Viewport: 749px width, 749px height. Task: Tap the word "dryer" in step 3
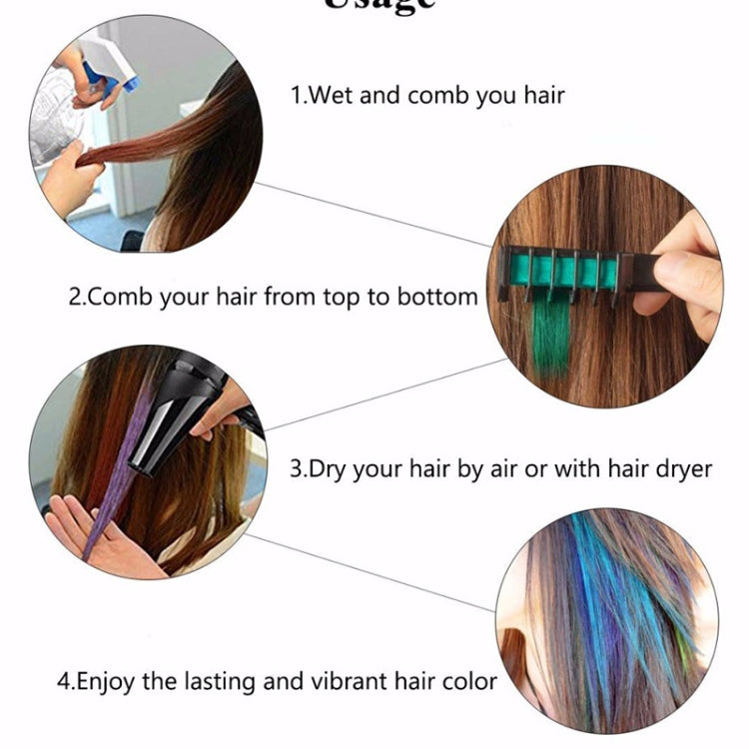pyautogui.click(x=680, y=467)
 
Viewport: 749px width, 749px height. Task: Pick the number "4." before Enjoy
pyautogui.click(x=65, y=683)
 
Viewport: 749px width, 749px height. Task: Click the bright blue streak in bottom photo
pyautogui.click(x=599, y=579)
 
